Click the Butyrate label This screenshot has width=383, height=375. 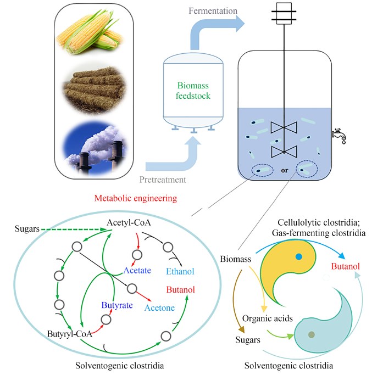116,304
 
